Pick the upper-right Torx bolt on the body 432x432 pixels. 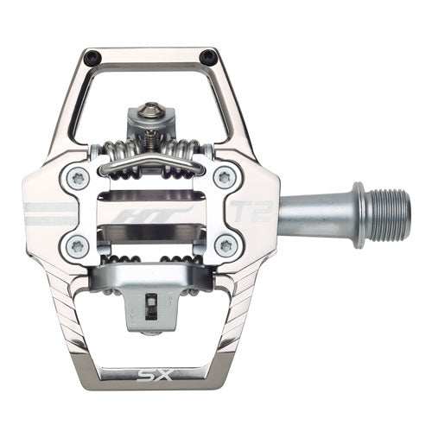pyautogui.click(x=226, y=178)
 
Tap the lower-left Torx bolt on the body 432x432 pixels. pyautogui.click(x=76, y=245)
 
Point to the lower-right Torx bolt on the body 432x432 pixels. pyautogui.click(x=226, y=245)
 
